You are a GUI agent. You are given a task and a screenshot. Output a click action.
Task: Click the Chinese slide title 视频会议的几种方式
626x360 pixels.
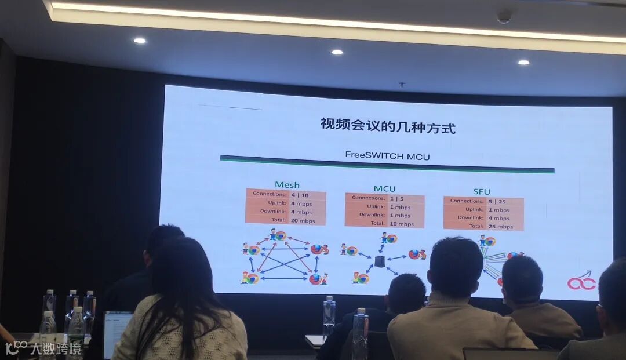pyautogui.click(x=388, y=126)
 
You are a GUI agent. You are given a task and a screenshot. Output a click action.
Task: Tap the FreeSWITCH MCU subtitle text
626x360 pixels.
pyautogui.click(x=387, y=155)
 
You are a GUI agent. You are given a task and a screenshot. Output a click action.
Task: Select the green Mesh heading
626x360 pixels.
pyautogui.click(x=287, y=185)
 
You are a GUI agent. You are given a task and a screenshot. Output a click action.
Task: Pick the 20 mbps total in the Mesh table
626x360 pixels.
pyautogui.click(x=303, y=220)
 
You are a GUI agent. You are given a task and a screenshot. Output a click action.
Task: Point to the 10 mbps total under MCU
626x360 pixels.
pyautogui.click(x=402, y=223)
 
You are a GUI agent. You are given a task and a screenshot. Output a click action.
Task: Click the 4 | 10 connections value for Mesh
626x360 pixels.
pyautogui.click(x=300, y=195)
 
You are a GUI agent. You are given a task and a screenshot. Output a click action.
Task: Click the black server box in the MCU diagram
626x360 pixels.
pyautogui.click(x=380, y=261)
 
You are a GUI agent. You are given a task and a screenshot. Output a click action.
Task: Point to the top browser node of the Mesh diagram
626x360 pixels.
pyautogui.click(x=278, y=235)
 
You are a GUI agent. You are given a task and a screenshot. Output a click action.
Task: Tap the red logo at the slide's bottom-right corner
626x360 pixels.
pyautogui.click(x=581, y=282)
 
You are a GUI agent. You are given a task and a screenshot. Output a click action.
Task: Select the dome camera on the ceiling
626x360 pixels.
pyautogui.click(x=504, y=17)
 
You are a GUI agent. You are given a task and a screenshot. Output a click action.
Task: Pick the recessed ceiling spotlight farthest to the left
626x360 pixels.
pyautogui.click(x=139, y=41)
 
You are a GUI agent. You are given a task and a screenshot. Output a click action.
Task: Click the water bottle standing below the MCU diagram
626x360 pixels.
pyautogui.click(x=329, y=315)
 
